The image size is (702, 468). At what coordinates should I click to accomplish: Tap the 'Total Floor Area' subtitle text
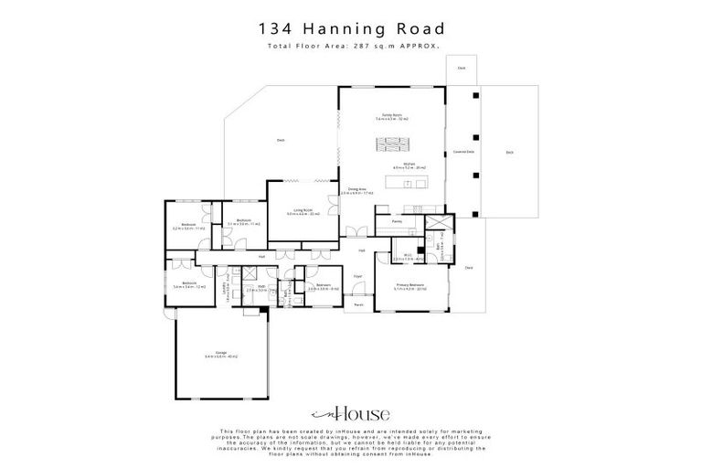click(x=351, y=45)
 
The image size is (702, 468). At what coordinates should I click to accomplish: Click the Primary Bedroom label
click(x=409, y=285)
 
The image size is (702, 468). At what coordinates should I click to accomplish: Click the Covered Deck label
click(x=463, y=152)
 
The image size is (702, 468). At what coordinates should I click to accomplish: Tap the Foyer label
click(x=358, y=274)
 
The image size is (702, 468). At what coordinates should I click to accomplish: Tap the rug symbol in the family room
click(x=394, y=144)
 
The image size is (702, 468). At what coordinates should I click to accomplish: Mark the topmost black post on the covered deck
click(x=474, y=94)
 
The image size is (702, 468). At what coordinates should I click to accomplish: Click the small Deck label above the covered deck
click(x=462, y=68)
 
